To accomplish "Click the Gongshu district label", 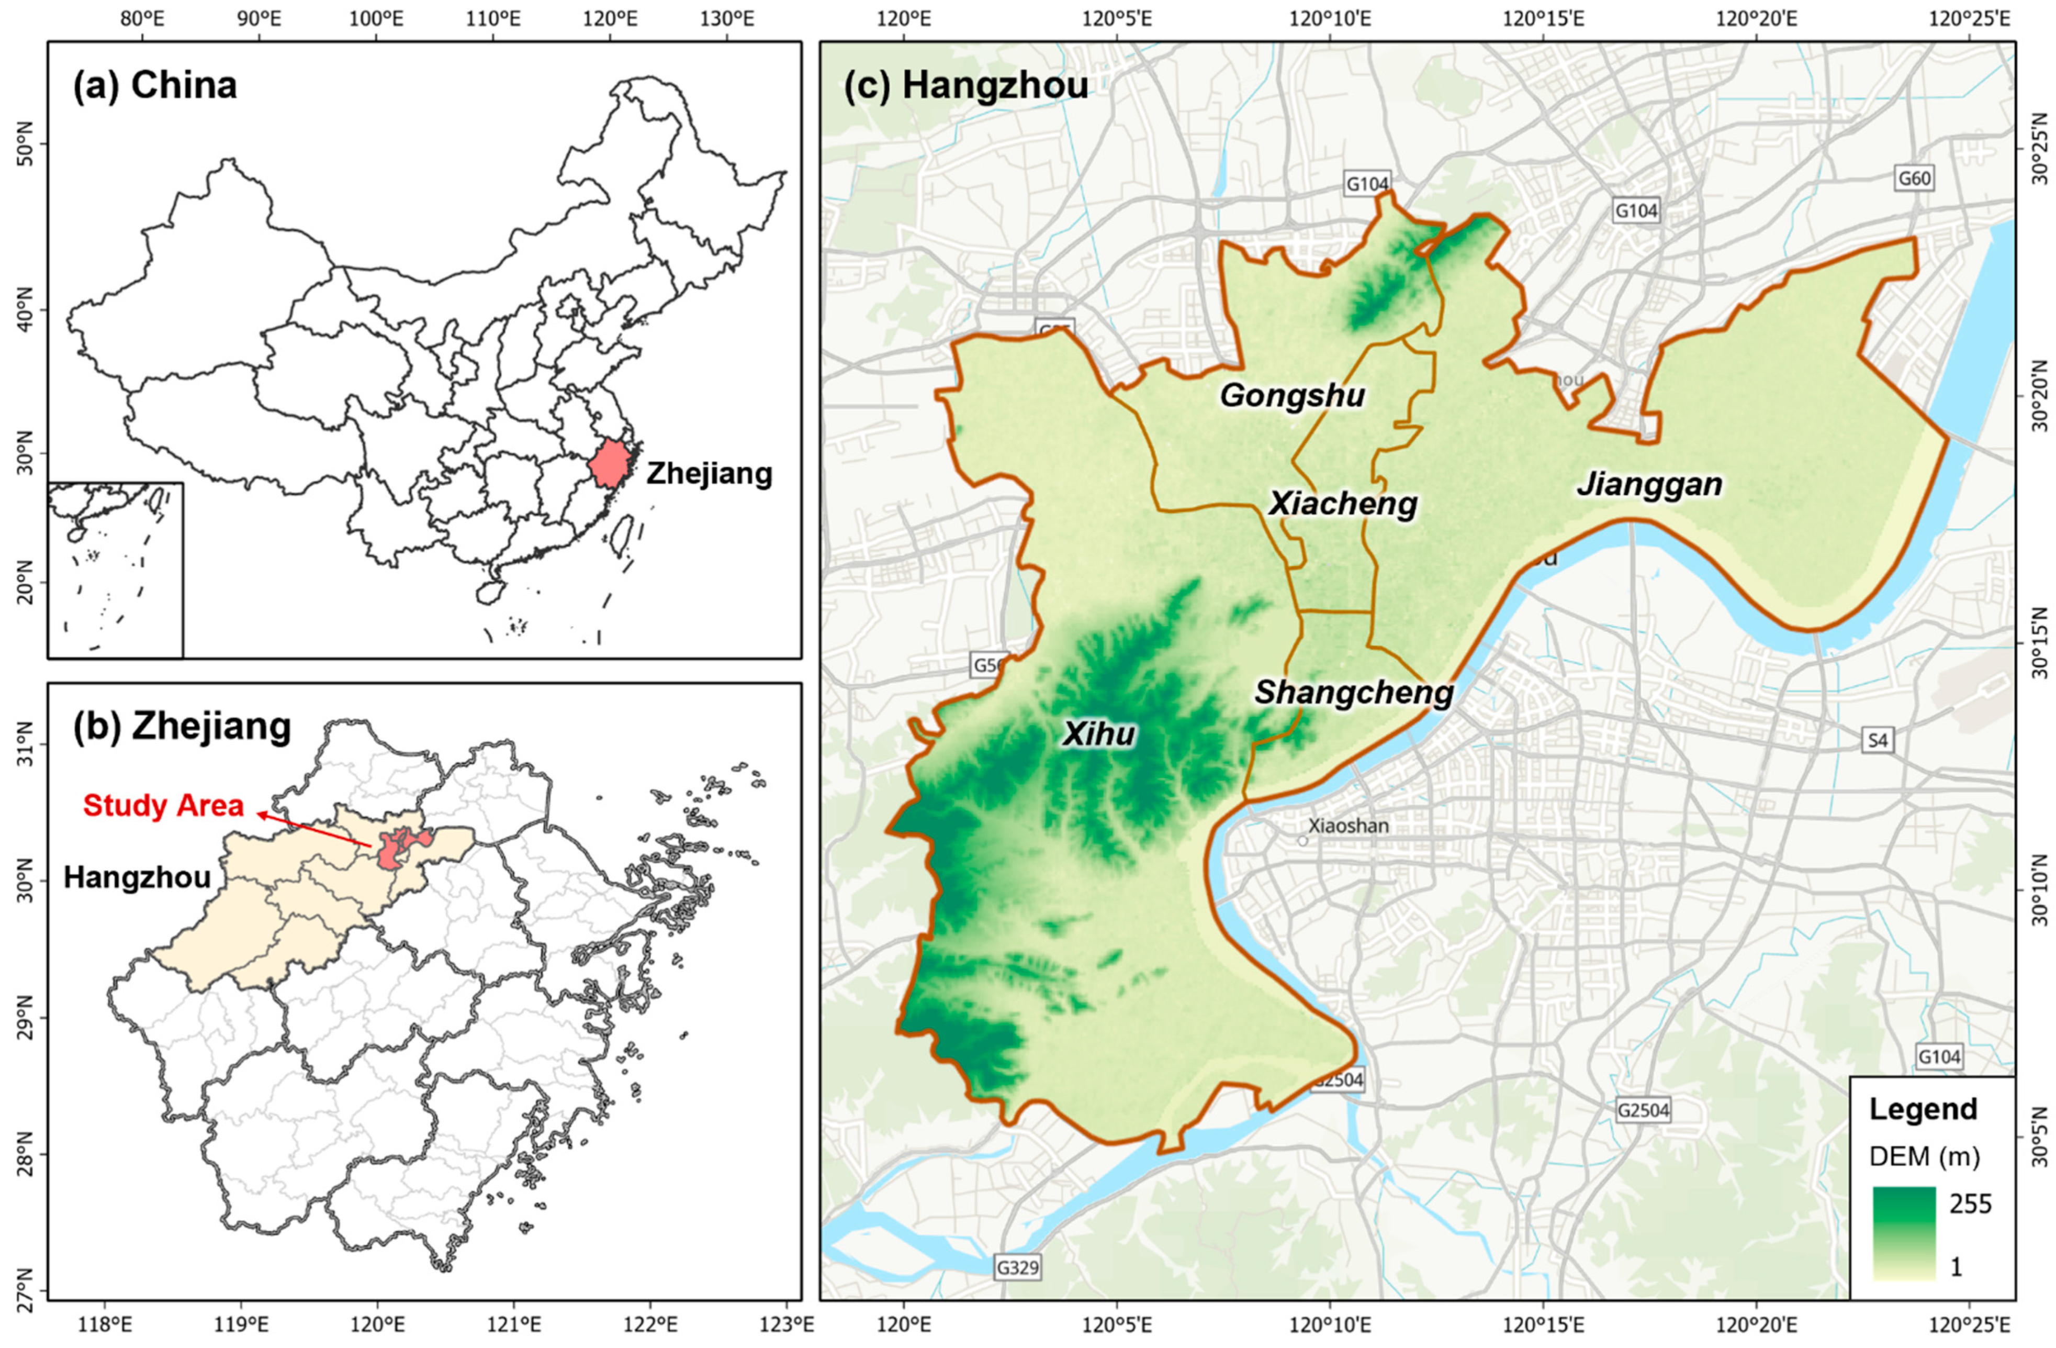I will (x=1293, y=396).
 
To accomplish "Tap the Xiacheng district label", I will (x=1343, y=504).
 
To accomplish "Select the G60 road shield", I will (x=1914, y=179).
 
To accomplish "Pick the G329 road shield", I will (x=1017, y=1267).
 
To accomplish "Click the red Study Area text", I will (x=163, y=805).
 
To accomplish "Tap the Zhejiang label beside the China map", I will (x=709, y=474).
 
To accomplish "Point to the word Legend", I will (x=1923, y=1109).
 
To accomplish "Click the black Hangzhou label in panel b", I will (x=137, y=878).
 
